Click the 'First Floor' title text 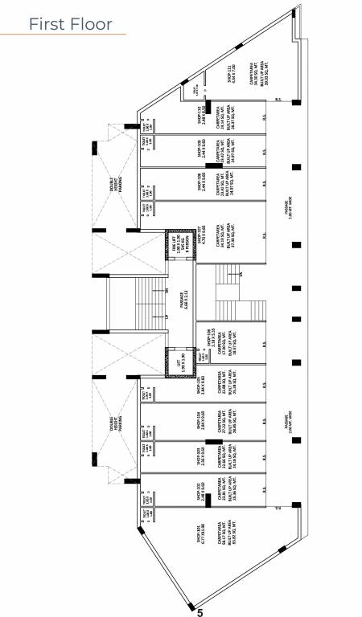click(x=71, y=24)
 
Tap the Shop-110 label click(x=200, y=115)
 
